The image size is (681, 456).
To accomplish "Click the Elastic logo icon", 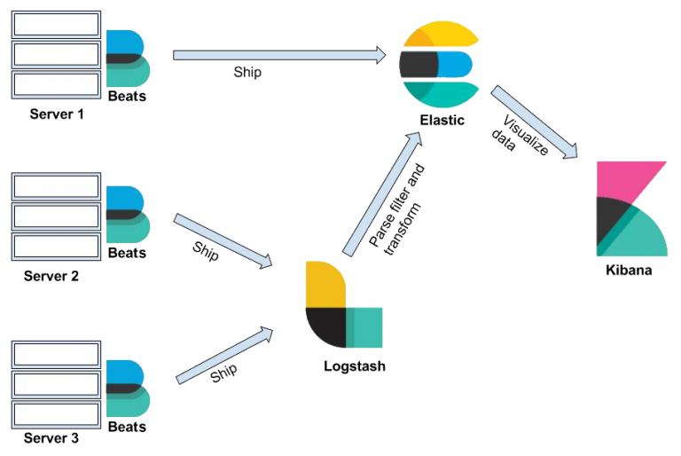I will click(x=438, y=65).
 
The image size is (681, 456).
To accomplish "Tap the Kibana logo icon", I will click(x=631, y=208).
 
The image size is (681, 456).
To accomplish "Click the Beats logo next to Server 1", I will click(x=127, y=58).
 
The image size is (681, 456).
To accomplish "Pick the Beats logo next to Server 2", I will click(x=127, y=214).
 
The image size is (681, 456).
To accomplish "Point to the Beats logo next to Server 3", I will click(x=127, y=388).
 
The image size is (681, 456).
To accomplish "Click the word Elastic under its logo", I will click(x=442, y=121).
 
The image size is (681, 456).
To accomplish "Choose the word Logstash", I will click(x=355, y=366).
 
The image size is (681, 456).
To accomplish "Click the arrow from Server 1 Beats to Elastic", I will click(x=280, y=55).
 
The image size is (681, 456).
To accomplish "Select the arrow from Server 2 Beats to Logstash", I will click(x=224, y=240).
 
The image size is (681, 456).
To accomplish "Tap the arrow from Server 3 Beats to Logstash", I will click(x=224, y=356).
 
